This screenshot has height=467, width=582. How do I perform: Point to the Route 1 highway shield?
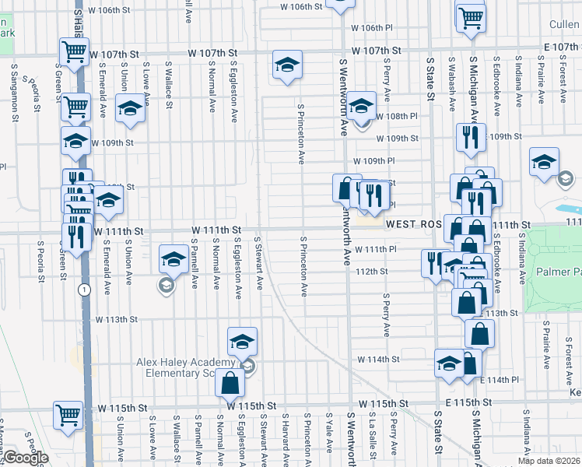pos(82,289)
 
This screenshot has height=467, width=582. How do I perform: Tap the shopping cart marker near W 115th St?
pos(68,415)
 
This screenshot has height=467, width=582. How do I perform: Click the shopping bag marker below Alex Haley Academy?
pos(230,383)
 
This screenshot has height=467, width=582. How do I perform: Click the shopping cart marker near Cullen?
pos(471,16)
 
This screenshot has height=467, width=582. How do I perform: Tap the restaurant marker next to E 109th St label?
pos(470,138)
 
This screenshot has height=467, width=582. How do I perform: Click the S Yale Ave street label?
pos(331,438)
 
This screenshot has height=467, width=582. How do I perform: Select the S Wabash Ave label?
pos(452,79)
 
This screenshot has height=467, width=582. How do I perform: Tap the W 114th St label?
pos(378,360)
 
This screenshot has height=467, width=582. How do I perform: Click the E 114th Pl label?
pos(498,379)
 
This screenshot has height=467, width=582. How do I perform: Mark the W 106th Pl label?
pos(367,27)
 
